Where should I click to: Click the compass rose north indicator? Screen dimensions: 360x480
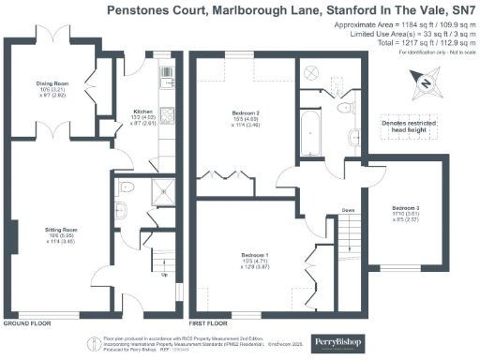pos(425,85)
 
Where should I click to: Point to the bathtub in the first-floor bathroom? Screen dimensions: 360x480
pos(309,133)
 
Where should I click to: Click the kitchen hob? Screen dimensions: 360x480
pos(166,113)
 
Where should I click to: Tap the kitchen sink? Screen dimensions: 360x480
pos(166,73)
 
